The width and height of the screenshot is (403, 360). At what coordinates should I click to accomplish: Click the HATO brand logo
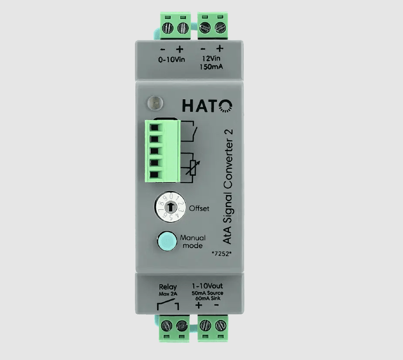tap(207, 106)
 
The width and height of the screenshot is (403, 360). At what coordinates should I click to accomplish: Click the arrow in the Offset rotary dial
tap(170, 206)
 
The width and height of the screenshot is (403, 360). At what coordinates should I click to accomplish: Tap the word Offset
tap(199, 208)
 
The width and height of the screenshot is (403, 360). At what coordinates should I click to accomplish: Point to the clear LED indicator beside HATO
tap(155, 103)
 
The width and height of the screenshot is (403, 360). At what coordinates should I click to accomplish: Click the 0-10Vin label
tap(171, 60)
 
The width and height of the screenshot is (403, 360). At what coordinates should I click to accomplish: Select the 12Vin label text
tap(211, 59)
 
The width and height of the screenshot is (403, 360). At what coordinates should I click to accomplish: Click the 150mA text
tap(211, 67)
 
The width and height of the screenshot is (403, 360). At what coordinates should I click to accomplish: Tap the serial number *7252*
tap(222, 254)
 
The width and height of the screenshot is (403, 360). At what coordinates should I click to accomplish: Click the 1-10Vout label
tap(207, 286)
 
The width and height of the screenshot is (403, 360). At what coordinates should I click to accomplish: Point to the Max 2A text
tap(168, 294)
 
